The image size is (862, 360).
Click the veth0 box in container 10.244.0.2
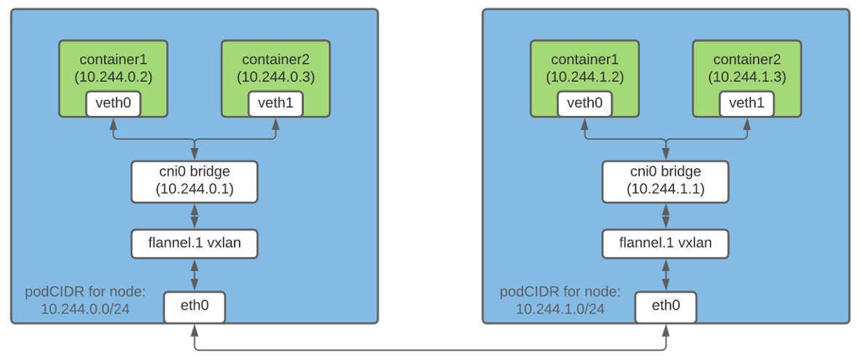pyautogui.click(x=113, y=104)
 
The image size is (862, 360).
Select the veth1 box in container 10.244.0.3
pyautogui.click(x=275, y=104)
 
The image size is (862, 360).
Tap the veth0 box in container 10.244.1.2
pyautogui.click(x=584, y=104)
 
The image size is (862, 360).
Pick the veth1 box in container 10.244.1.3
pyautogui.click(x=747, y=104)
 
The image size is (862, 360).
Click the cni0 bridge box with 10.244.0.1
pyautogui.click(x=194, y=181)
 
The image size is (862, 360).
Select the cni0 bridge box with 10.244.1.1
pyautogui.click(x=666, y=181)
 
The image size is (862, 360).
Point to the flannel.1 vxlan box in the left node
pyautogui.click(x=194, y=243)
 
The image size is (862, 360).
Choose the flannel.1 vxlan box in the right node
pyautogui.click(x=666, y=243)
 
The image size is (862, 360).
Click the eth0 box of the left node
pyautogui.click(x=194, y=308)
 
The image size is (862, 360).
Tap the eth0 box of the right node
pyautogui.click(x=666, y=308)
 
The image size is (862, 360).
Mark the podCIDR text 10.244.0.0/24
pyautogui.click(x=85, y=309)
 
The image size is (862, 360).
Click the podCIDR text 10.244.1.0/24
pyautogui.click(x=560, y=309)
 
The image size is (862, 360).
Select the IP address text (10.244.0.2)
pyautogui.click(x=113, y=77)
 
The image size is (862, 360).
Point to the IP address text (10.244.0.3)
pyautogui.click(x=275, y=77)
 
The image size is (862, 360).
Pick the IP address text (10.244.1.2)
pyautogui.click(x=584, y=77)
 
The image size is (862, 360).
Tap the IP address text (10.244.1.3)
pyautogui.click(x=747, y=77)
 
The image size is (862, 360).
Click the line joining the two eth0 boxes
pyautogui.click(x=430, y=350)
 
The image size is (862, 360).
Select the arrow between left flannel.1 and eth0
pyautogui.click(x=194, y=275)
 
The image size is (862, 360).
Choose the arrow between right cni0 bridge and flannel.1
pyautogui.click(x=666, y=216)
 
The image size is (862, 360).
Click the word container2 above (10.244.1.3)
pyautogui.click(x=747, y=60)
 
